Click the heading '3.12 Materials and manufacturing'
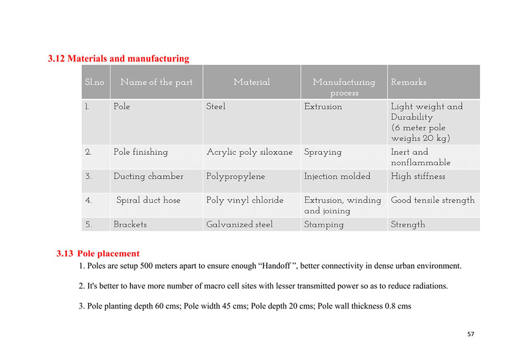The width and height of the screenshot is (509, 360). coord(119,59)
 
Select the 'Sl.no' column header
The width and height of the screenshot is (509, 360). coord(94,82)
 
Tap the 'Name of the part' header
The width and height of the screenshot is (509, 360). coord(156,82)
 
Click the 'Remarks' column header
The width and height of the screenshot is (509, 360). coord(409,82)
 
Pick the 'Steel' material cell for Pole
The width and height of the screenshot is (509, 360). coord(216,106)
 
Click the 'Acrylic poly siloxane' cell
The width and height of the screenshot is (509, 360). coord(249,152)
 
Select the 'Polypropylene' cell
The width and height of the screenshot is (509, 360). coord(236,176)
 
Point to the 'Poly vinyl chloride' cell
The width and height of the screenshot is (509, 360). coord(245,200)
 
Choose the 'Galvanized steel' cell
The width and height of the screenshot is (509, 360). coord(239,224)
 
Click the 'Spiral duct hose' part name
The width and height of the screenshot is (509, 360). coord(148,200)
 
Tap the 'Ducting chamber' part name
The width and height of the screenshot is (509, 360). coord(149,176)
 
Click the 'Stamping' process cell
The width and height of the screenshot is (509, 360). coord(324,224)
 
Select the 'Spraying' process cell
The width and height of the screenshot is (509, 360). coord(323,152)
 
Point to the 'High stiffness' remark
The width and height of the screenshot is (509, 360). coord(418,176)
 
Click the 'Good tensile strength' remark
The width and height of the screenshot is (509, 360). coord(433,200)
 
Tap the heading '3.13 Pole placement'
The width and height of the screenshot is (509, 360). coord(98,254)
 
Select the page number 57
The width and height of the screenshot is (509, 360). coord(470,334)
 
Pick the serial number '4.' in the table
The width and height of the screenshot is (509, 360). coord(89,200)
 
